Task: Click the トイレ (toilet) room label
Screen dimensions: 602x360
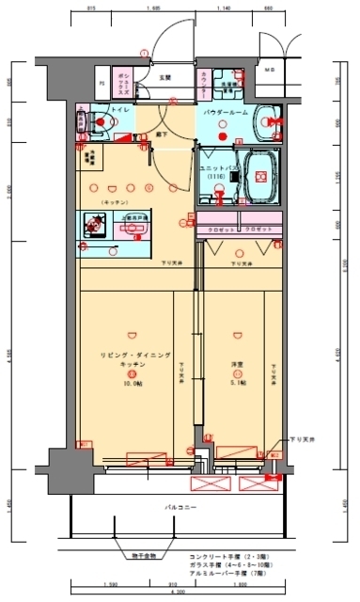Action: pyautogui.click(x=120, y=111)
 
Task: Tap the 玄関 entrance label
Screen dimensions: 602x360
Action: pyautogui.click(x=164, y=78)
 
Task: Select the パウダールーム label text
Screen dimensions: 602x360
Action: pyautogui.click(x=226, y=111)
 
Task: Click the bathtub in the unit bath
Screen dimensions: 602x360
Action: pyautogui.click(x=258, y=176)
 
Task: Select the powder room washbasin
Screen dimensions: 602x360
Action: pyautogui.click(x=270, y=119)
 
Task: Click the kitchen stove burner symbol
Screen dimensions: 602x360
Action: pyautogui.click(x=94, y=223)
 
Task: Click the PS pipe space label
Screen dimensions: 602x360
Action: pyautogui.click(x=102, y=83)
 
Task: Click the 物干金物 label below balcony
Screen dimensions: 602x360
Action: pyautogui.click(x=144, y=557)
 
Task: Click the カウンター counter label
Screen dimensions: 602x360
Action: pyautogui.click(x=205, y=83)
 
